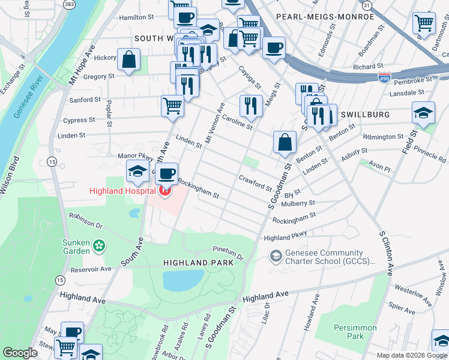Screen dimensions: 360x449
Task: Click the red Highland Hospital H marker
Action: coord(164,191)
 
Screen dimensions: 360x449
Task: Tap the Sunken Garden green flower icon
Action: coord(100,245)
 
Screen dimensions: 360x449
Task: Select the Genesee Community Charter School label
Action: coord(324,257)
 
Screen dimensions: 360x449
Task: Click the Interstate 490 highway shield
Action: coord(385,77)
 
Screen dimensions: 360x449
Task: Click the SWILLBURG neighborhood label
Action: coord(366,114)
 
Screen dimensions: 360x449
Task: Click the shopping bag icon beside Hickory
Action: coord(129,59)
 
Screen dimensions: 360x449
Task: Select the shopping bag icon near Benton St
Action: coord(285,142)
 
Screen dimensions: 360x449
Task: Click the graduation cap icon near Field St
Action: coord(424,113)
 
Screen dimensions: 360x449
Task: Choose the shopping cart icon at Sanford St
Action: coord(172,106)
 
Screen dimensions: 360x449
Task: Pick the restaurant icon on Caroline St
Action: coord(251,106)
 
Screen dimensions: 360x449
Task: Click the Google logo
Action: coord(20,353)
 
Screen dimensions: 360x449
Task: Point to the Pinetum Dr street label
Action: coord(228,252)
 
